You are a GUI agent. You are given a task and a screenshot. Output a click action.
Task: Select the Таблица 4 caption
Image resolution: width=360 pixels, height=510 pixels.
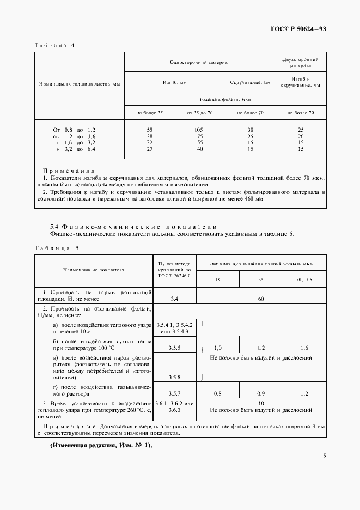[x=54, y=46]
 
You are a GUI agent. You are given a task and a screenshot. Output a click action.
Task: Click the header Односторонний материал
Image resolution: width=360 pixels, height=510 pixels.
[x=200, y=63]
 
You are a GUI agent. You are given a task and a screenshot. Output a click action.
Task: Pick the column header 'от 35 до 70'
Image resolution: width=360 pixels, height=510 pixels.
[x=200, y=113]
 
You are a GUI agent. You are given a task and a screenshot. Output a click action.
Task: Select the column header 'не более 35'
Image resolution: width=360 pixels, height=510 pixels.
[x=149, y=113]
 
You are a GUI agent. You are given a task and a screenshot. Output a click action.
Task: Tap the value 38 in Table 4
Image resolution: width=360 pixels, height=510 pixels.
[x=149, y=136]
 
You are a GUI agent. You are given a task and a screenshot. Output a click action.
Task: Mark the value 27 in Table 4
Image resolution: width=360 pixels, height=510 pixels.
[x=149, y=149]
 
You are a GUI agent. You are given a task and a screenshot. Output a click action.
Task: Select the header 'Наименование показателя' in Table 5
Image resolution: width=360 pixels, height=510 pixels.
[x=94, y=269]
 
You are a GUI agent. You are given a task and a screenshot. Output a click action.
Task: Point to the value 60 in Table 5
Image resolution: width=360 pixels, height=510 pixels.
[x=261, y=299]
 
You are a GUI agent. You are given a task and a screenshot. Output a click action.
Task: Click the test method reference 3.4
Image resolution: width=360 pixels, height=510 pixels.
[x=175, y=299]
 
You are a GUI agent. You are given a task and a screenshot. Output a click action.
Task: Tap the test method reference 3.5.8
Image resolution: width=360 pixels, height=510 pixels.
[x=175, y=377]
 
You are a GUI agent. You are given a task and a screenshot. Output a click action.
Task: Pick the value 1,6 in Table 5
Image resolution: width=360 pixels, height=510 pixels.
[x=304, y=347]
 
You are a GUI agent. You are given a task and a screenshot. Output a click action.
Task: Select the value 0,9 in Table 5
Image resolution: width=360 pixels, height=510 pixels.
[x=261, y=392]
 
